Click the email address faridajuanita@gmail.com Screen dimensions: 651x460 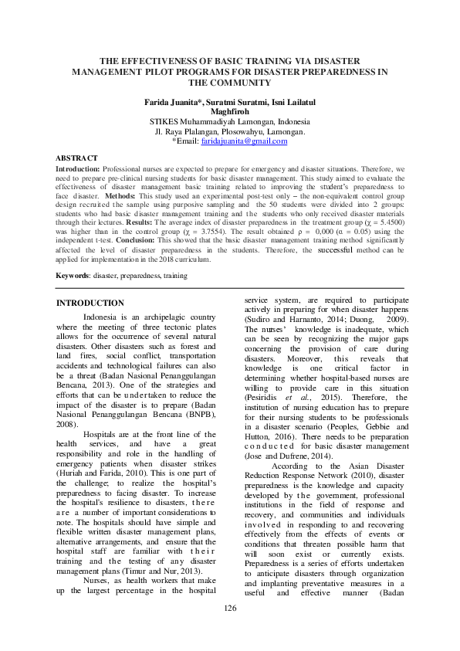[243, 142]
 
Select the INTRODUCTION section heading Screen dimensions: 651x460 [90, 303]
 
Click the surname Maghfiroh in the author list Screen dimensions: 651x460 [230, 112]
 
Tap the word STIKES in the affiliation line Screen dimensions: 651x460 [166, 122]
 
